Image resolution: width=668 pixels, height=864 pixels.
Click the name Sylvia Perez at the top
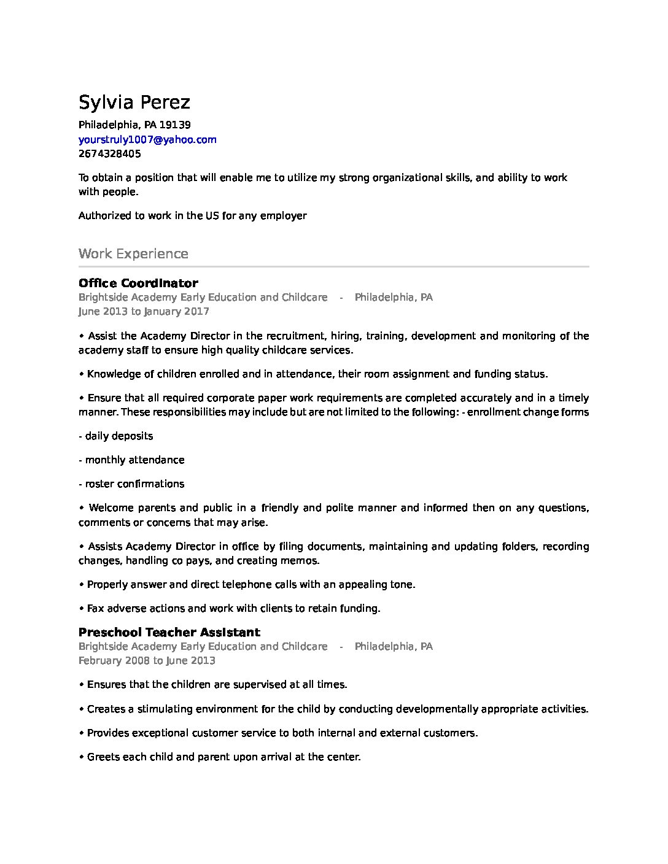tap(134, 102)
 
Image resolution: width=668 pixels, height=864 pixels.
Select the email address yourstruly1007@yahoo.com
tap(147, 139)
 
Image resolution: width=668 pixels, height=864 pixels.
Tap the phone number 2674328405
tap(109, 153)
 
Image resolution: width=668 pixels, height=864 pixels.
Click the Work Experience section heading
tap(133, 253)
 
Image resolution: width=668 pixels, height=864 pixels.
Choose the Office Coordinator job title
tap(138, 283)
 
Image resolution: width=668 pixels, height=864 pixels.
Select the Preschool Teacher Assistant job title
tap(169, 632)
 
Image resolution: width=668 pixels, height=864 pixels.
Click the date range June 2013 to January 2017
tap(144, 311)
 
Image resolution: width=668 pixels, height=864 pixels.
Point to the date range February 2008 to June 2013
tap(147, 660)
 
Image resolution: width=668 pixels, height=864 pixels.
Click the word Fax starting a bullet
tap(95, 608)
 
